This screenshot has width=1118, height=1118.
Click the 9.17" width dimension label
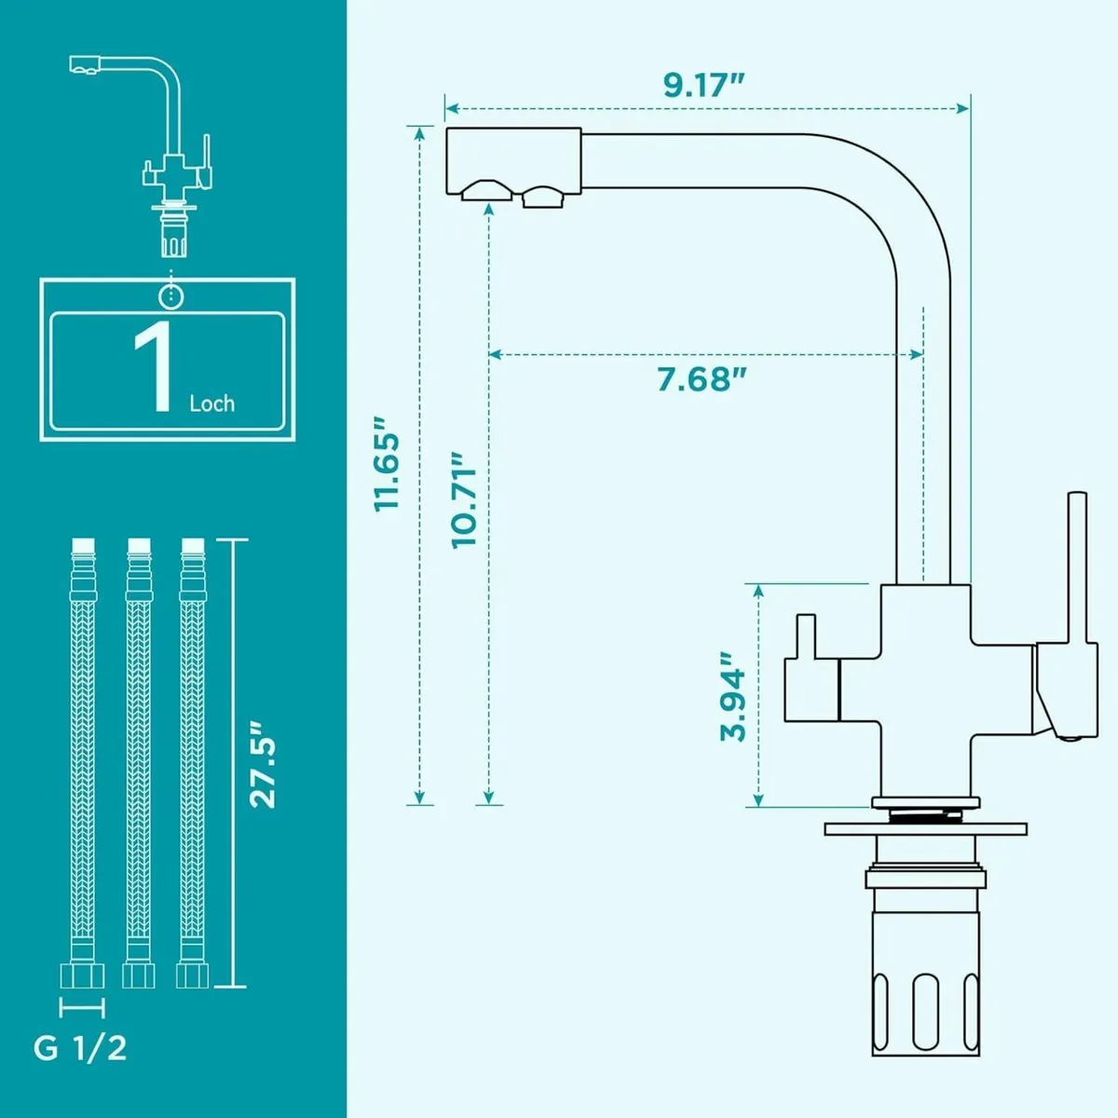(703, 84)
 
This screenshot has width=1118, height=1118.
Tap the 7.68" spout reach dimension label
(703, 380)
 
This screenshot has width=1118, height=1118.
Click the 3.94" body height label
(733, 693)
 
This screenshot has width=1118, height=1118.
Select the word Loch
(212, 403)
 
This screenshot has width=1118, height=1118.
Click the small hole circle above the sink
(170, 295)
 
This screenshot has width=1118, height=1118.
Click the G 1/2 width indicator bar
(82, 1006)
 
